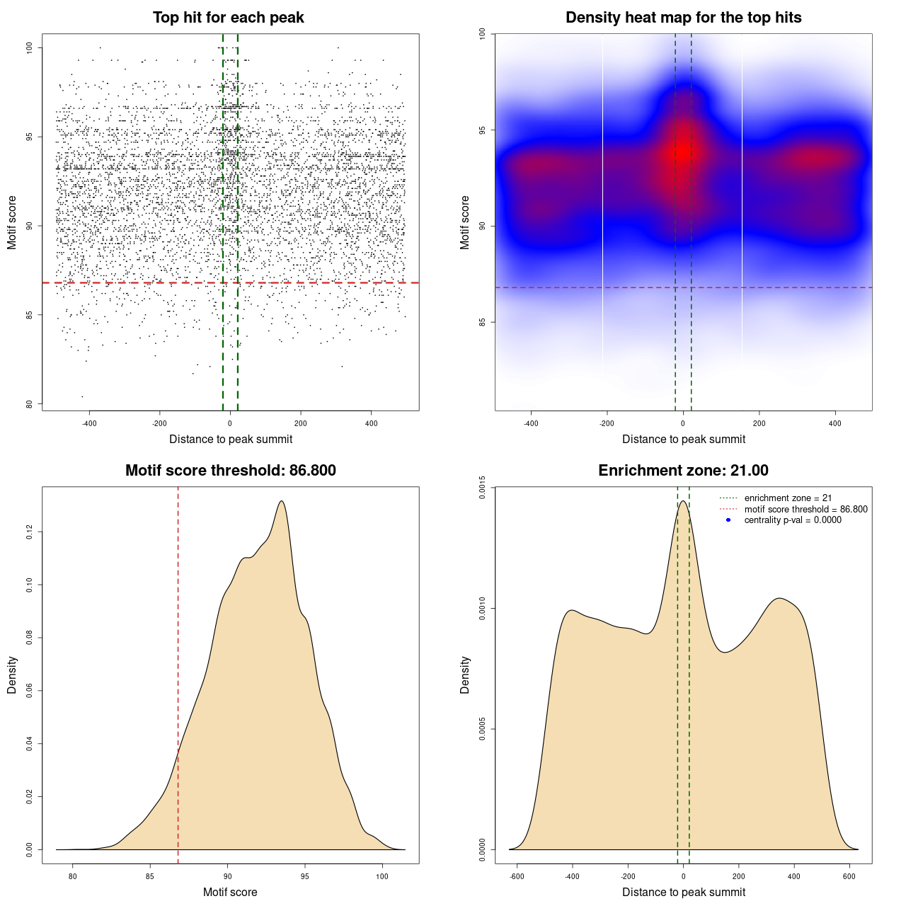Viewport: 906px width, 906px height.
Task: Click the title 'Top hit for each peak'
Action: point(228,18)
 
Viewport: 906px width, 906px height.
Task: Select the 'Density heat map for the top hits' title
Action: point(683,18)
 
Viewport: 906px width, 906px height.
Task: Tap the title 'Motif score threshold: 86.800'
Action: point(230,471)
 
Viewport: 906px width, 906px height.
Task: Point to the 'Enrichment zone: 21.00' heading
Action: point(683,471)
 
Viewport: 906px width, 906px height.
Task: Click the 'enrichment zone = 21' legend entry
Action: point(788,498)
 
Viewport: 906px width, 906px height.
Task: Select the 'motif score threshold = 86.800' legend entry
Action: point(805,510)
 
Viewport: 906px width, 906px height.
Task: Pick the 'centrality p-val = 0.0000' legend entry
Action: point(793,520)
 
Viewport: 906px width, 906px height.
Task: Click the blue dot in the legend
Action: point(728,520)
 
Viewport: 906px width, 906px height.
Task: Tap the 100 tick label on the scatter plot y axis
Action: point(30,47)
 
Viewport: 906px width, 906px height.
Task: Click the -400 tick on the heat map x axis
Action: point(531,424)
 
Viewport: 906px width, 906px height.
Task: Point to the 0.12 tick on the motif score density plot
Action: point(30,532)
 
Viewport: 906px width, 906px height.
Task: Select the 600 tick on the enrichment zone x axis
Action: point(849,877)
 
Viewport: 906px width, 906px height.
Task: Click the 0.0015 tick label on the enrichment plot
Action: point(483,487)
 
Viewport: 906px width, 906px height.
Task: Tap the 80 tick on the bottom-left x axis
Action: point(72,877)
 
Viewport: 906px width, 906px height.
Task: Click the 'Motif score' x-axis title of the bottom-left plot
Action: point(230,893)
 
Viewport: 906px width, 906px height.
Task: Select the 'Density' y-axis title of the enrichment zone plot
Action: point(465,675)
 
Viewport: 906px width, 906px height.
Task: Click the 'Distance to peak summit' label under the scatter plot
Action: point(231,440)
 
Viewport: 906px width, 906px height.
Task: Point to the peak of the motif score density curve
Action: point(282,501)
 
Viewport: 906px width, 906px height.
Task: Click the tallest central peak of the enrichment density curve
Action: point(683,502)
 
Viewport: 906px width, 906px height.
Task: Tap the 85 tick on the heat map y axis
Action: point(483,322)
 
